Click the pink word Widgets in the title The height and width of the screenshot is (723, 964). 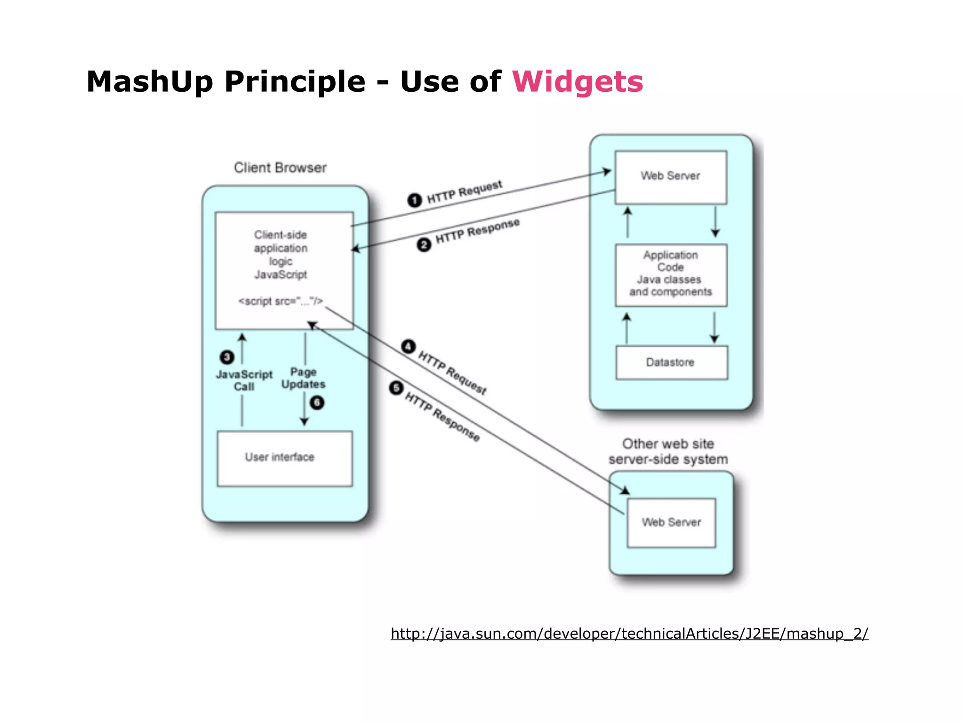577,82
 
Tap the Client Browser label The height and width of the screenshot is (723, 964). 280,168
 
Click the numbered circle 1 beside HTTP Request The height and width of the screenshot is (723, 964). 414,200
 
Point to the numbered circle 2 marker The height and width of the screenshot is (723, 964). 424,245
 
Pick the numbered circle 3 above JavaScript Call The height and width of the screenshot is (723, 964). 227,357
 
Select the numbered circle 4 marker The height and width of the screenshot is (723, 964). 408,347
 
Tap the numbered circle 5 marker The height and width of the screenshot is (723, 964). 396,388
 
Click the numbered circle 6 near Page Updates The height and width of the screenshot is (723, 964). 317,402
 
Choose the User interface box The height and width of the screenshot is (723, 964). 284,458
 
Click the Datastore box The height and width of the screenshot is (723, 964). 671,362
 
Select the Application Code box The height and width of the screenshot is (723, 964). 671,275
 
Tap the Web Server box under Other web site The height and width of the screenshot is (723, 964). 671,522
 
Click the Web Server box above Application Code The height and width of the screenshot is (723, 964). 670,177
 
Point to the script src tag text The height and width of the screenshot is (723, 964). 281,301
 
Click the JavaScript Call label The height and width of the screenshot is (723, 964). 244,380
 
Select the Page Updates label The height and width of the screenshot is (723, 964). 303,378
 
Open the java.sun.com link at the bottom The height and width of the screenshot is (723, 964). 629,634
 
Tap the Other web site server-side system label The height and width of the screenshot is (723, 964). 668,451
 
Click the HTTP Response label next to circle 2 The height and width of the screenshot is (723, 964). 477,231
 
